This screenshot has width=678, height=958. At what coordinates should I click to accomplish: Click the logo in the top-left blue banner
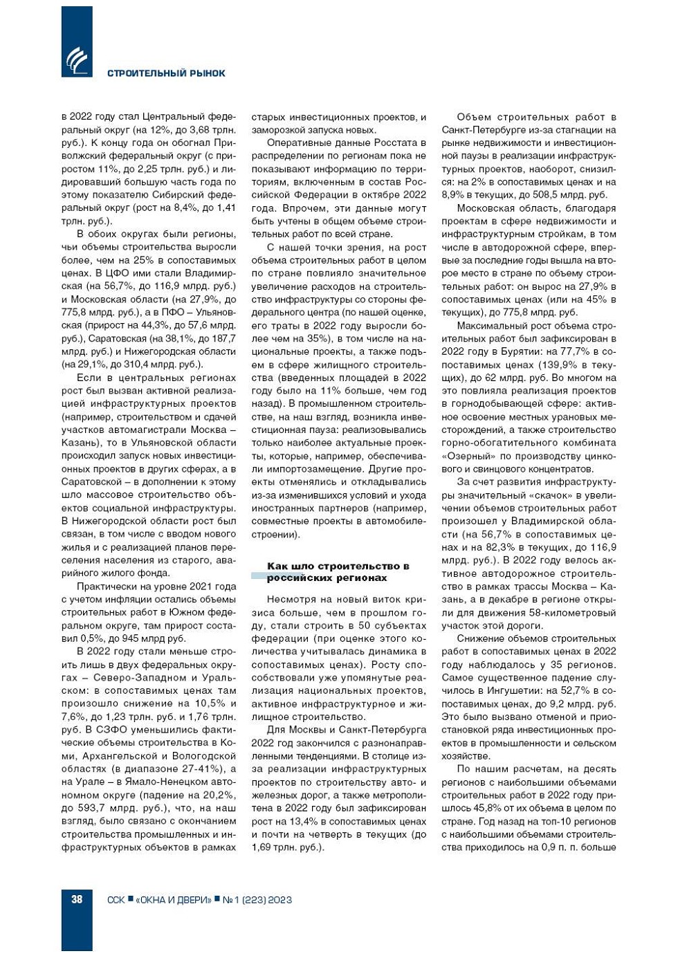(76, 61)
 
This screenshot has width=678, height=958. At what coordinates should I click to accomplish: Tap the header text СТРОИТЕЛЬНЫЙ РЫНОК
(166, 73)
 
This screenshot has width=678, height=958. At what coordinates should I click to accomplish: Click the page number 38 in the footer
(77, 899)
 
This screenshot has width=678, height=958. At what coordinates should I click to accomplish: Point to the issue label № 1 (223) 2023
(257, 900)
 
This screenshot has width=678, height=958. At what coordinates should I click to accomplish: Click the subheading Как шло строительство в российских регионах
(338, 572)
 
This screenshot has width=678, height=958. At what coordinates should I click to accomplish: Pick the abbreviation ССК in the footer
(116, 900)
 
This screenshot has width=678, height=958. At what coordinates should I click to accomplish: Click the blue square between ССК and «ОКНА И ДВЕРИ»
(131, 899)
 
